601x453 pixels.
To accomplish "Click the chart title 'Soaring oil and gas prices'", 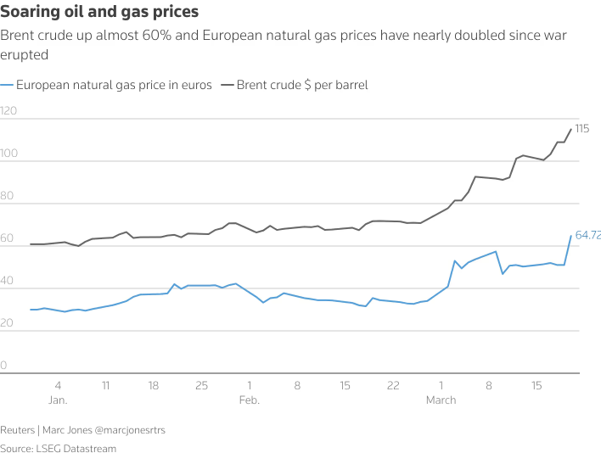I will pyautogui.click(x=100, y=12).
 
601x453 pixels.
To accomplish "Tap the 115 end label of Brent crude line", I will pyautogui.click(x=581, y=129).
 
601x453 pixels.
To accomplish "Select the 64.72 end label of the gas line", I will pyautogui.click(x=587, y=235).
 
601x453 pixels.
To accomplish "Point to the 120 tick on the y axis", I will pyautogui.click(x=9, y=111).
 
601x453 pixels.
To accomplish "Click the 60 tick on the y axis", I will pyautogui.click(x=8, y=238).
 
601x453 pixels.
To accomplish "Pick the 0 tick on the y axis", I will pyautogui.click(x=4, y=366).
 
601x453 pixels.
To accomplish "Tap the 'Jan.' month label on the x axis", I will pyautogui.click(x=58, y=400).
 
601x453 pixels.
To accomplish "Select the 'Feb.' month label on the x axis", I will pyautogui.click(x=250, y=400).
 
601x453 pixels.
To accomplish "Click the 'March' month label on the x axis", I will pyautogui.click(x=441, y=400).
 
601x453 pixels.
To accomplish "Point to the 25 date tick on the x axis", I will pyautogui.click(x=202, y=385).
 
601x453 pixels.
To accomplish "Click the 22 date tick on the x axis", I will pyautogui.click(x=393, y=385).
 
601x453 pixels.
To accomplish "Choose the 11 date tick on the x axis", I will pyautogui.click(x=105, y=385).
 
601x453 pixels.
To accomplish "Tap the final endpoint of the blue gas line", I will pyautogui.click(x=570, y=235).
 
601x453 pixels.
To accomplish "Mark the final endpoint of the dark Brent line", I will pyautogui.click(x=570, y=129).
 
